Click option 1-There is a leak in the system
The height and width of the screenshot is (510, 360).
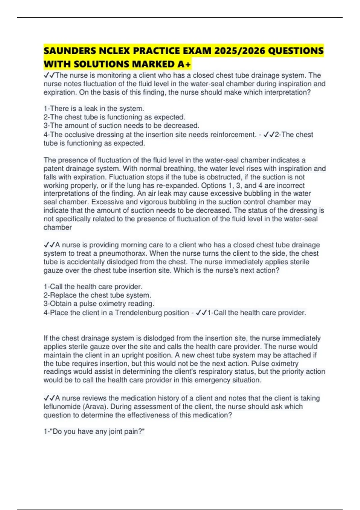(94, 109)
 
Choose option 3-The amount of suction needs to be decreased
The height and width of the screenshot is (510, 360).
(121, 125)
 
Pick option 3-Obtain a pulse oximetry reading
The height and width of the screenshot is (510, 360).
(99, 304)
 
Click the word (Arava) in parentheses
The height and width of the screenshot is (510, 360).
(97, 406)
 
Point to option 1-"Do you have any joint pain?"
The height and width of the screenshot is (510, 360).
(94, 431)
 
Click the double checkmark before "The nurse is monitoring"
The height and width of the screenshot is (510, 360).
(49, 75)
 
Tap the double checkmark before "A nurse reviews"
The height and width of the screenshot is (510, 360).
(49, 398)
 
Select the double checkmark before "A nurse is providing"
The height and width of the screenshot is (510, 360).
(49, 245)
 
